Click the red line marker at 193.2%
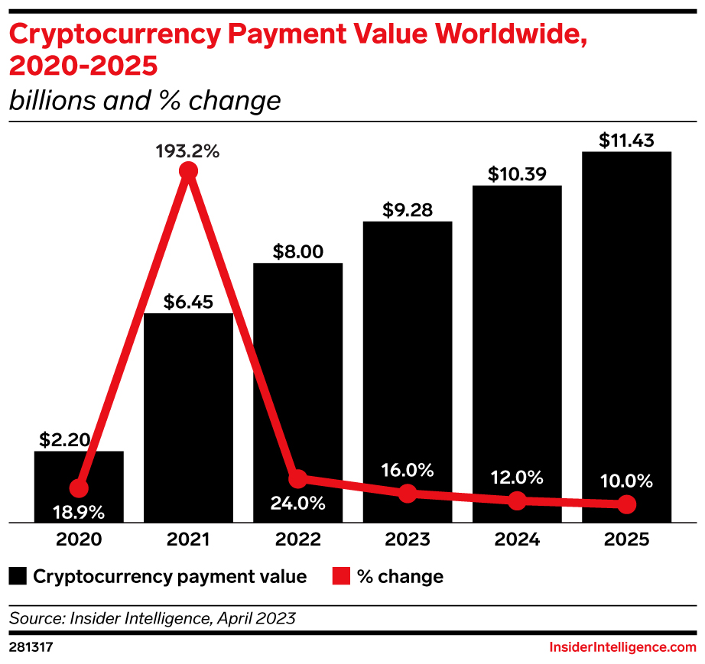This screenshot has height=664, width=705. pyautogui.click(x=188, y=171)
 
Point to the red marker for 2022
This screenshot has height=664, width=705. pyautogui.click(x=298, y=479)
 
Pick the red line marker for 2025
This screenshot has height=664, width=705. pyautogui.click(x=626, y=504)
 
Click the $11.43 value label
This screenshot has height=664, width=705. pyautogui.click(x=626, y=140)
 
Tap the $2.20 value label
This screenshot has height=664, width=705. pyautogui.click(x=65, y=439)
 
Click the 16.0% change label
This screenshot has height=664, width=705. pyautogui.click(x=408, y=469)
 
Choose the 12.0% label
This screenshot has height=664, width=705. pyautogui.click(x=517, y=478)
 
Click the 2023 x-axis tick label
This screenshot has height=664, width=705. pyautogui.click(x=408, y=539)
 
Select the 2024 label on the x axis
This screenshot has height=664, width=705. pyautogui.click(x=517, y=539)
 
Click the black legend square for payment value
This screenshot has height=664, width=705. pyautogui.click(x=18, y=576)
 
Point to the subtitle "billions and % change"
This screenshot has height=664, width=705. pyautogui.click(x=145, y=100)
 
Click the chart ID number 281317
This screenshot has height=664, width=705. pyautogui.click(x=31, y=646)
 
